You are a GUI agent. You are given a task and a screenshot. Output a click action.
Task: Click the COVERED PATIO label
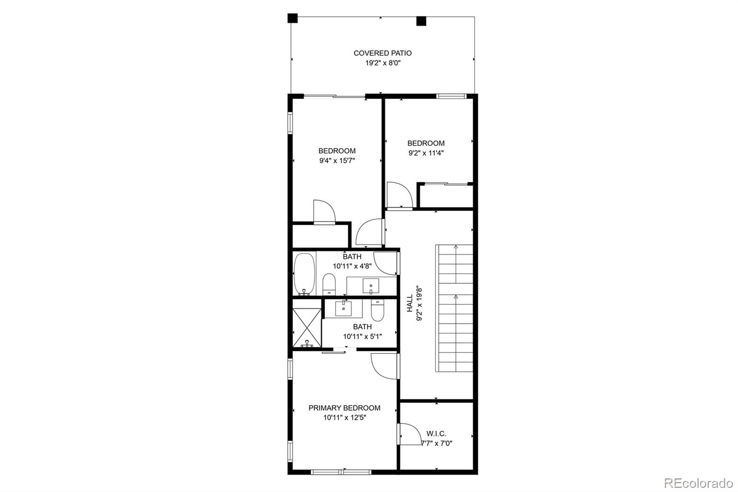(382, 53)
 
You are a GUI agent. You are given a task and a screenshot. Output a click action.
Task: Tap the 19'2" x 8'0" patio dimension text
(383, 63)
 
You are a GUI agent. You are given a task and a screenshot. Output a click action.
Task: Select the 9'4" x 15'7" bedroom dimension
(337, 161)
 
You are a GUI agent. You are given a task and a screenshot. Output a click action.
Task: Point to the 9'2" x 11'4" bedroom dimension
(426, 153)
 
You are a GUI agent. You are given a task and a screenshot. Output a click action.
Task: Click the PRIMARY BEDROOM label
(344, 408)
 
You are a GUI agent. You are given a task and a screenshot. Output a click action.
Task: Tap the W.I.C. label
(436, 434)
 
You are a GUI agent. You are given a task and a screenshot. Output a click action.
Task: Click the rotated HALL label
(410, 303)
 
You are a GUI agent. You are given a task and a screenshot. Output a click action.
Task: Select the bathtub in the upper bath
(304, 274)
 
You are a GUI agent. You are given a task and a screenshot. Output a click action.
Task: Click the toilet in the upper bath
(329, 285)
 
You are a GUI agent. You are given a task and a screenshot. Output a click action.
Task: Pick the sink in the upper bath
(371, 286)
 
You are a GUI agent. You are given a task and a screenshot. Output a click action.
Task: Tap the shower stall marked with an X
(307, 327)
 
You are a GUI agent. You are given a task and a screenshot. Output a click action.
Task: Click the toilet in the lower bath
(378, 310)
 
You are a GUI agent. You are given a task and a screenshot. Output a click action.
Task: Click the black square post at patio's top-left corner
(292, 18)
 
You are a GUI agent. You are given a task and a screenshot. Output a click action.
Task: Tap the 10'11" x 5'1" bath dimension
(363, 336)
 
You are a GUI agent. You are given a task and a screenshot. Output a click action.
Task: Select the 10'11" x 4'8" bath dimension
(352, 266)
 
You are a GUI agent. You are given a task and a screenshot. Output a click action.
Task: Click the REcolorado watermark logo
(698, 483)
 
